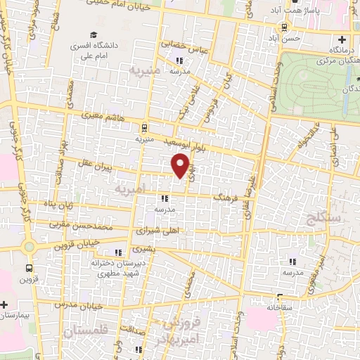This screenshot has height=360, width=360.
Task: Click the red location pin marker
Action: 181,165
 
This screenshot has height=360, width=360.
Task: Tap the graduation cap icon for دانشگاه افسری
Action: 94,35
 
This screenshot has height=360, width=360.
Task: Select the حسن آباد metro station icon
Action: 283,27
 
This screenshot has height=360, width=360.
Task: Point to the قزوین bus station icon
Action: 29,268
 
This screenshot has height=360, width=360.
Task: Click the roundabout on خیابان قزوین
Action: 29,247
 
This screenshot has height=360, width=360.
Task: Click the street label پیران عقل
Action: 94,168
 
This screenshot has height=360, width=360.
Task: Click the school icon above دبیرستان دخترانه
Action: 118,252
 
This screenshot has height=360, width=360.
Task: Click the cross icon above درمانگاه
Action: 342,40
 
